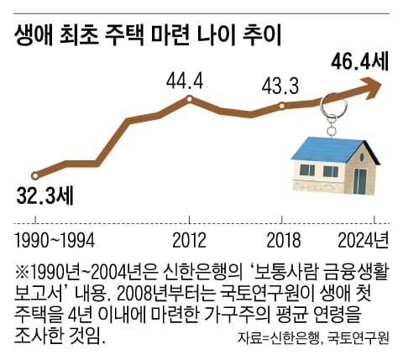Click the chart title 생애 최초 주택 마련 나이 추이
tap(146, 34)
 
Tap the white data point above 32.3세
tap(35, 176)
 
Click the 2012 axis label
tap(189, 242)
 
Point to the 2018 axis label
tap(284, 242)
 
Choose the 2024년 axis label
tap(363, 242)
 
